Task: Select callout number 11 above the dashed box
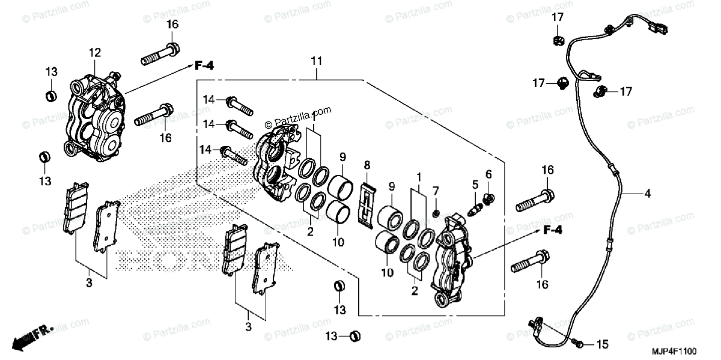317,61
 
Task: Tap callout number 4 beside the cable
647,194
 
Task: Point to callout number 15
603,344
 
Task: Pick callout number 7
436,191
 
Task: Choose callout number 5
475,185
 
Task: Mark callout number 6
488,174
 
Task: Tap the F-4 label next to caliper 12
204,66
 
